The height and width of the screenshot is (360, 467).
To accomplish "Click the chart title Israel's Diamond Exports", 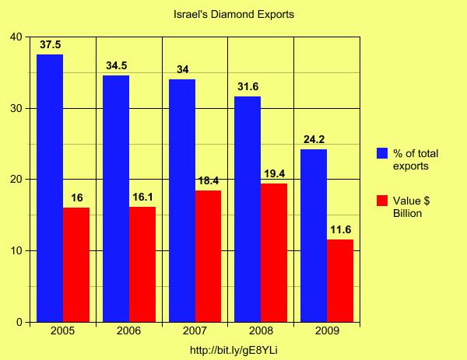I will coord(233,15).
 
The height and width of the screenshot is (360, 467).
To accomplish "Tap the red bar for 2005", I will coord(76,264).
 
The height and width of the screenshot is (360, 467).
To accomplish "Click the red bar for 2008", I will coord(274,253).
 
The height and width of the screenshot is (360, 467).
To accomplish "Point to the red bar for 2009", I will coord(340,281).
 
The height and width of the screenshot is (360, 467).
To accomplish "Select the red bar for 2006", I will coord(142,264).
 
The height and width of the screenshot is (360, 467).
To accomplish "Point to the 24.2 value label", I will coord(314,140).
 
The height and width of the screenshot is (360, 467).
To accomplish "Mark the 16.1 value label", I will coord(142,197).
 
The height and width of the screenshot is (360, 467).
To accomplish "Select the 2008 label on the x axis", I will coord(261,331).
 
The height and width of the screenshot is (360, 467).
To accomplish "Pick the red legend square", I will coord(383,201).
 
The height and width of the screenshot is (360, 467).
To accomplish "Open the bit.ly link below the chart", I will coord(233,350).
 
